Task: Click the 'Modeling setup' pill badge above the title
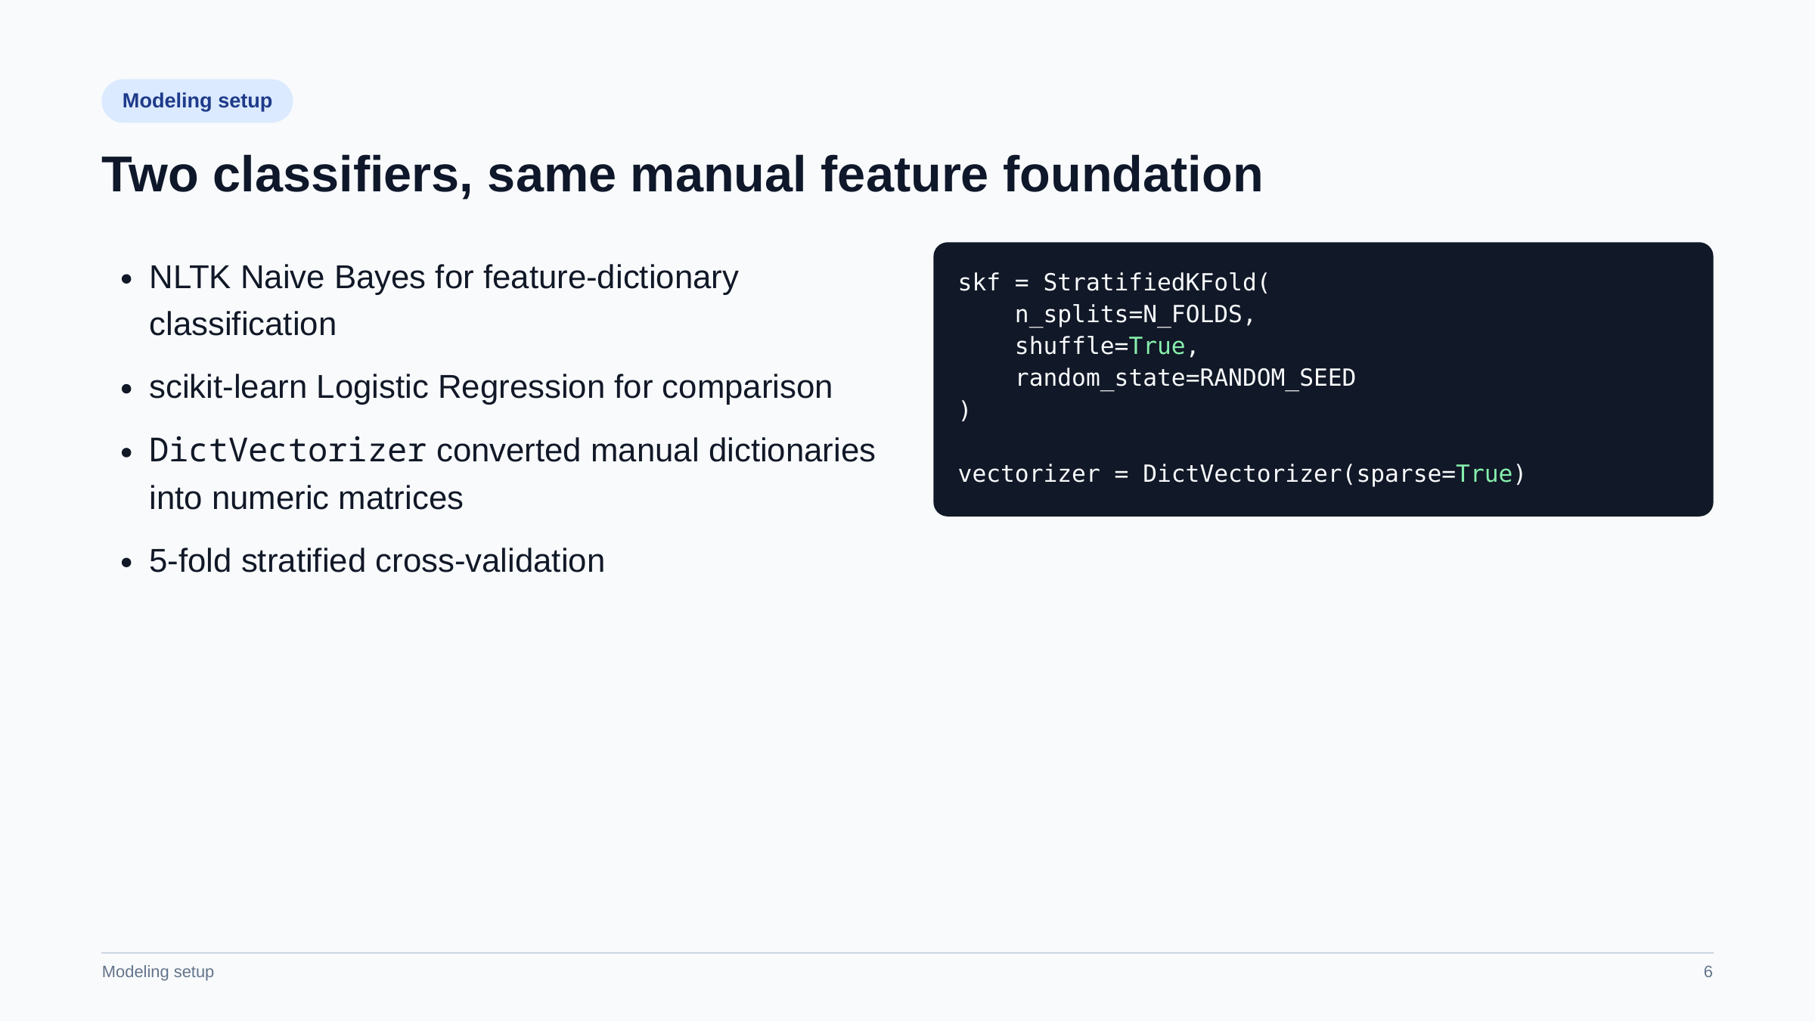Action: tap(197, 101)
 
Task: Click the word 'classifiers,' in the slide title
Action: tap(343, 175)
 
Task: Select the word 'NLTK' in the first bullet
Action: tap(190, 278)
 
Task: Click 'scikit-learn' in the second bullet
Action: tap(228, 387)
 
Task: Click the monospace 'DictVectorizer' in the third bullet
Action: tap(288, 451)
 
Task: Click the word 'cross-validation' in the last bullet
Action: tap(490, 561)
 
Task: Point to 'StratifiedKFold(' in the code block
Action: tap(1156, 283)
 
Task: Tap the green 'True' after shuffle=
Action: tap(1157, 346)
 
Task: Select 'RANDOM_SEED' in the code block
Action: tap(1277, 378)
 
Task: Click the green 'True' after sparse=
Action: tap(1484, 474)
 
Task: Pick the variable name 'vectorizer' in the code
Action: tap(1029, 474)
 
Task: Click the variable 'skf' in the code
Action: tap(979, 283)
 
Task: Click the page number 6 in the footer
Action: tap(1708, 972)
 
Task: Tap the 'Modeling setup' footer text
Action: tap(158, 972)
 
